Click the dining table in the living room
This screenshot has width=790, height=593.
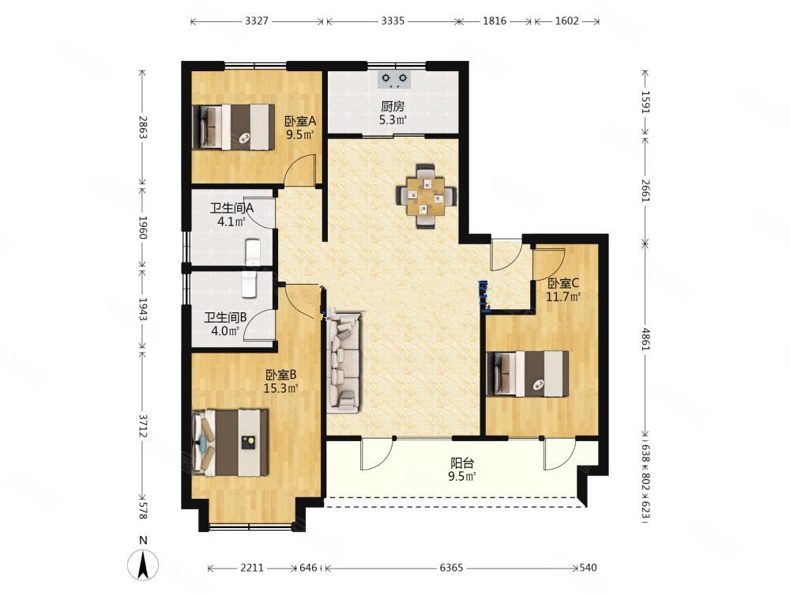(427, 195)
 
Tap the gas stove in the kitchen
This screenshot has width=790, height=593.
(394, 79)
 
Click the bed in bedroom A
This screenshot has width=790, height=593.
(234, 127)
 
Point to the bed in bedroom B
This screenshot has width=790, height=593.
(230, 443)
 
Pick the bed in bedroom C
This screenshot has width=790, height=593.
(528, 374)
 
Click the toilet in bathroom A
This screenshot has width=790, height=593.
(252, 251)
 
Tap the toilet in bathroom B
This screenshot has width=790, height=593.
(250, 285)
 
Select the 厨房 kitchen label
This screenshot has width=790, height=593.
(393, 107)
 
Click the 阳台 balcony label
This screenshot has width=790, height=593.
(462, 463)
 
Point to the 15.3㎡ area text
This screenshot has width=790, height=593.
(280, 388)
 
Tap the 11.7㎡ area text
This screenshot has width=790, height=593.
(563, 296)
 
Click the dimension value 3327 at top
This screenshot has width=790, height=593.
(257, 21)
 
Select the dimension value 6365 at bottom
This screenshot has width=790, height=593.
(451, 568)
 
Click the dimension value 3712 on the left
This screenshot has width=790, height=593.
(143, 426)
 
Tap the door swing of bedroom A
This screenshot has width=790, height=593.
(299, 170)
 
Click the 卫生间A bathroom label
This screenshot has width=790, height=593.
(231, 208)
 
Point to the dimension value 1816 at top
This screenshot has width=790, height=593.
(495, 21)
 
